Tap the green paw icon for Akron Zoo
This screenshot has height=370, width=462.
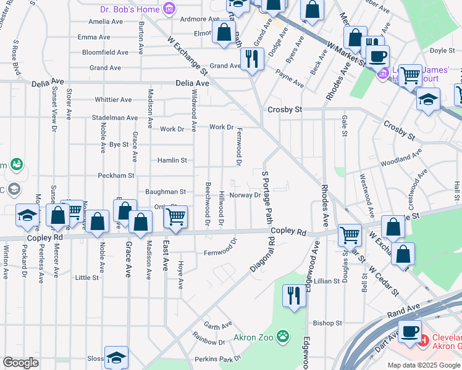[x=282, y=337]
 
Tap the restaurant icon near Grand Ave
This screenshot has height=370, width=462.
[x=251, y=59]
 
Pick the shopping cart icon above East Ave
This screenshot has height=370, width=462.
[x=176, y=217]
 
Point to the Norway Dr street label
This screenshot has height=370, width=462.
[x=245, y=195]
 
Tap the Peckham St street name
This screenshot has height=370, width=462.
[x=116, y=176]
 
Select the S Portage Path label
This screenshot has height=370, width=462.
[x=267, y=197]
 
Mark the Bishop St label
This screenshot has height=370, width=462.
[x=327, y=323]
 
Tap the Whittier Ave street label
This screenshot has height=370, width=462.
[x=113, y=100]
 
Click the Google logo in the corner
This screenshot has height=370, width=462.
[x=20, y=363]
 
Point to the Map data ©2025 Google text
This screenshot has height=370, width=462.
[x=423, y=365]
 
